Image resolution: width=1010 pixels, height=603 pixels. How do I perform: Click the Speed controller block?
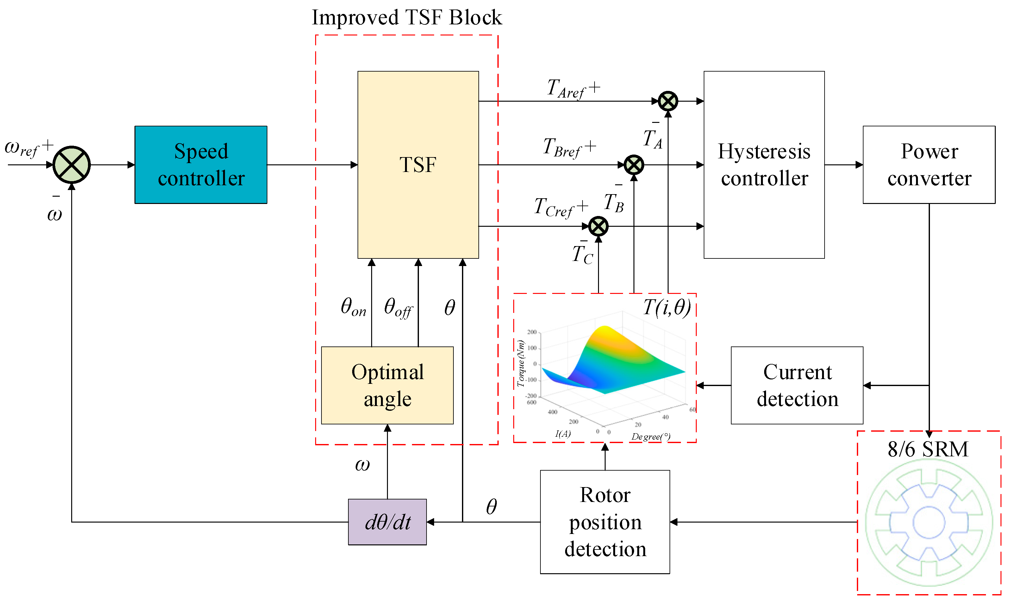coord(201,165)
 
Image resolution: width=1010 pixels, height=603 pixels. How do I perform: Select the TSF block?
coord(418,165)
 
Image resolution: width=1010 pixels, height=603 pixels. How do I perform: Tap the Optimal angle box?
coord(387,385)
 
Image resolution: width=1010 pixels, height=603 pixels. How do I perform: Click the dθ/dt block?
coord(387,522)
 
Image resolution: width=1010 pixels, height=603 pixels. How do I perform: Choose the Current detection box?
coord(796,385)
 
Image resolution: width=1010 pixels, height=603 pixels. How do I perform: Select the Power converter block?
coord(928,165)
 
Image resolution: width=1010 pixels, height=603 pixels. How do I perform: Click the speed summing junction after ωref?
coord(72,165)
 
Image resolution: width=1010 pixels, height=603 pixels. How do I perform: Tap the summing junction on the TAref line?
coord(667,101)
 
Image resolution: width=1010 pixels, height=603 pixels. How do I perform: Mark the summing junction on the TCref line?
coord(598,226)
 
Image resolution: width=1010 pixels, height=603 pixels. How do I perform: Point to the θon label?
coord(353,307)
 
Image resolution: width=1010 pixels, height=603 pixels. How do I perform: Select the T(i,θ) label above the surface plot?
coord(667,307)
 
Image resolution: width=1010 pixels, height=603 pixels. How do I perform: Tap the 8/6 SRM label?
coord(928,449)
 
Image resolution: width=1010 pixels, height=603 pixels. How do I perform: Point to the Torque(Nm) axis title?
coord(521,363)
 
